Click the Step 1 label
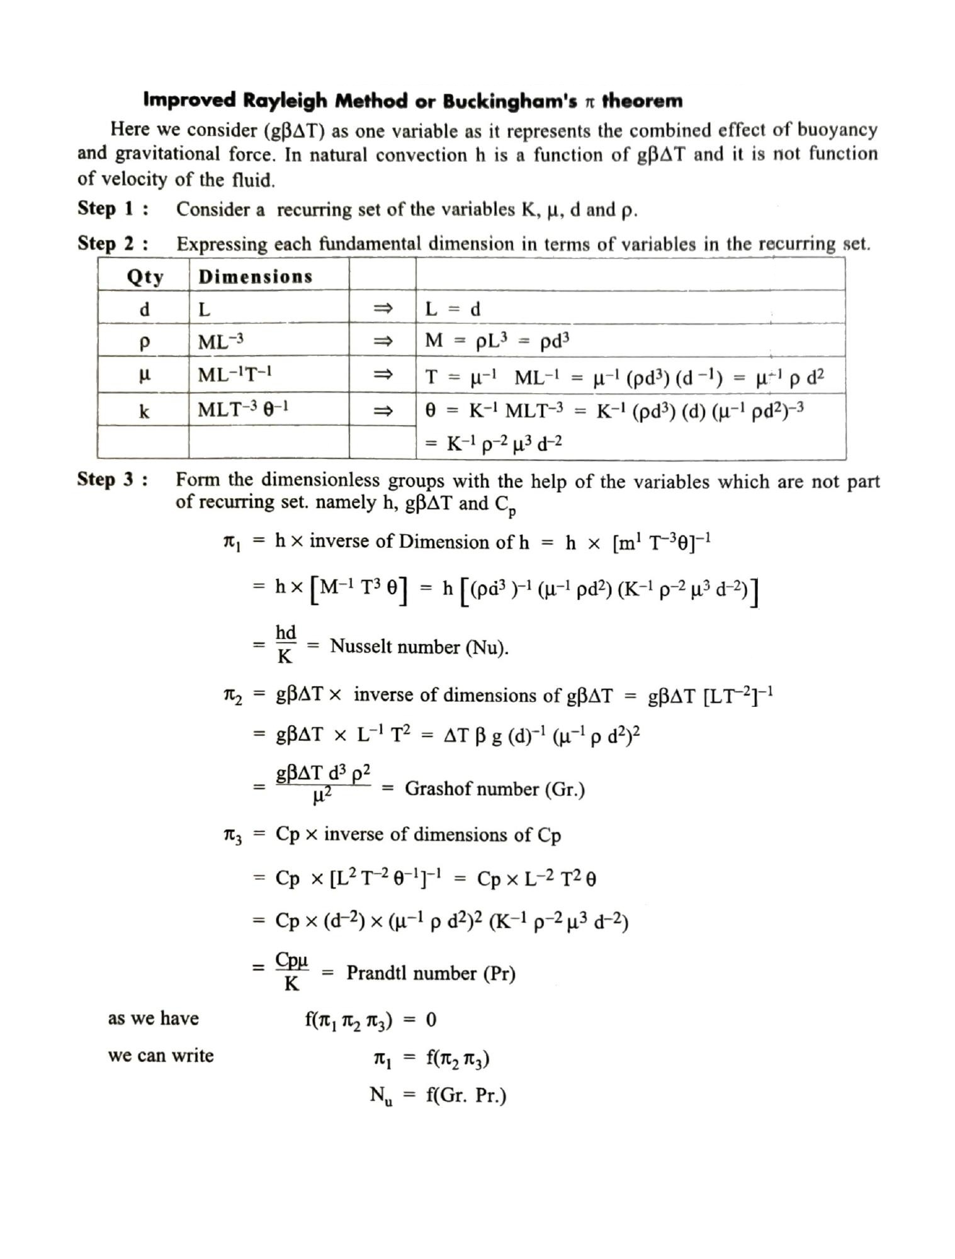[113, 208]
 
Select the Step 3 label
[113, 479]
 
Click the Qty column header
[144, 276]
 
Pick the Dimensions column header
[255, 276]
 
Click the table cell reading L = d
[453, 309]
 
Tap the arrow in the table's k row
[382, 411]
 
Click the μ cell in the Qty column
[144, 375]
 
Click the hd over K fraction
[286, 644]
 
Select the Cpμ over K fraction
[291, 971]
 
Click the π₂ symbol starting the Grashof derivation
[232, 696]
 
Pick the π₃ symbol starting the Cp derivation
[232, 835]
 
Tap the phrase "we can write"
[161, 1055]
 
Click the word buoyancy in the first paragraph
[837, 130]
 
